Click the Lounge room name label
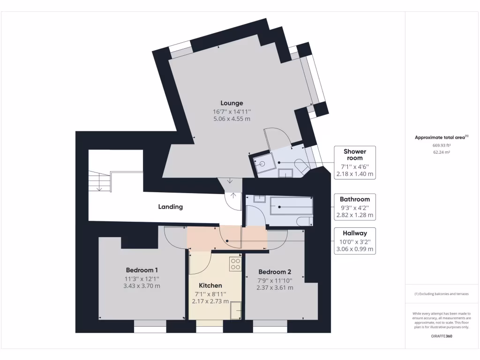coord(232,103)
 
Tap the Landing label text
coord(170,207)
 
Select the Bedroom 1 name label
coord(142,270)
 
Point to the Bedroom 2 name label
coord(275,272)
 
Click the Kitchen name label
coord(210,285)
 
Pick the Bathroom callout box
coord(354,207)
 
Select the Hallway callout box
coord(354,241)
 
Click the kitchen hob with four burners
coord(235,264)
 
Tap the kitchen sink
coord(236,310)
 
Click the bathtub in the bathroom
coord(291,206)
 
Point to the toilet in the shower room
coord(300,165)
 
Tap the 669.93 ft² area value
coord(442,145)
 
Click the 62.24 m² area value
coord(442,152)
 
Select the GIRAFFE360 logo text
coord(442,336)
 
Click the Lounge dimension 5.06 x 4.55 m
coord(232,119)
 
